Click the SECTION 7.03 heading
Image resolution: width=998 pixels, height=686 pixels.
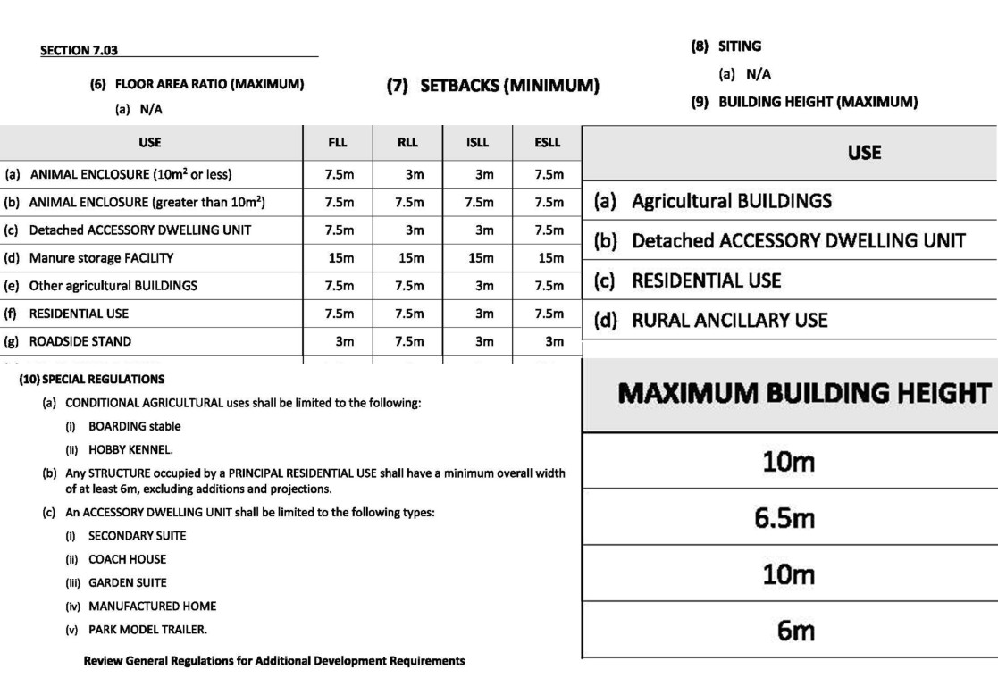pos(79,51)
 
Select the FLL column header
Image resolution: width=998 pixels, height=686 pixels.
pos(338,142)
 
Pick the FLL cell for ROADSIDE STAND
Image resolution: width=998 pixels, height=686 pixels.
pos(344,341)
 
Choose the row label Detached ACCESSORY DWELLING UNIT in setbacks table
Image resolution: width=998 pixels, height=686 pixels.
pos(139,230)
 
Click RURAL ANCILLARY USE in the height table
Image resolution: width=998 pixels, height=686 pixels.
pos(729,320)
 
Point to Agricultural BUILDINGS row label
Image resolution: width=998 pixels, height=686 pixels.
pos(731,201)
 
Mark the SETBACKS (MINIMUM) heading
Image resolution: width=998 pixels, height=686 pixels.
pos(492,87)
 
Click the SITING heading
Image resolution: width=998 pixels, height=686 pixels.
pos(739,46)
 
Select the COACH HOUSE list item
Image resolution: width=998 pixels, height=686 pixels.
pos(127,559)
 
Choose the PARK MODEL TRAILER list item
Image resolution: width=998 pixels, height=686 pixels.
pos(147,629)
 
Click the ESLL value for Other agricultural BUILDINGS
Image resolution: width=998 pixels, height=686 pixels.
pos(549,286)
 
